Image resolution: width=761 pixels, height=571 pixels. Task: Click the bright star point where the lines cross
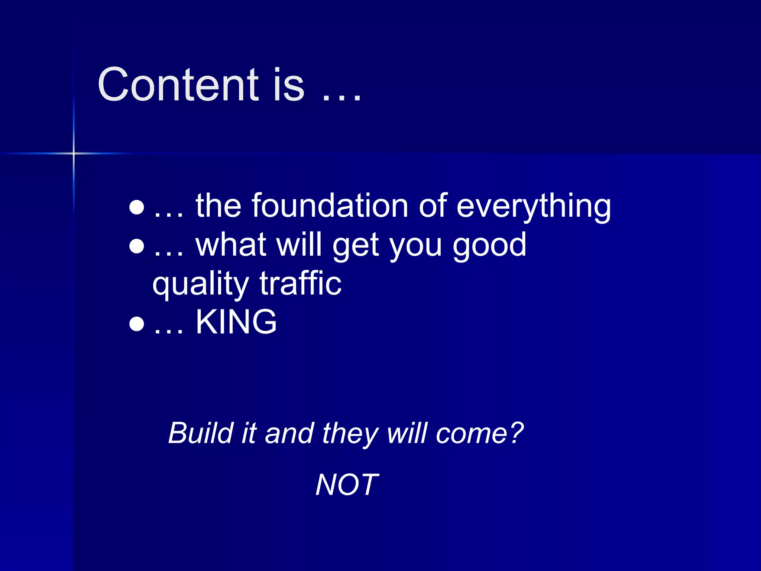pos(74,153)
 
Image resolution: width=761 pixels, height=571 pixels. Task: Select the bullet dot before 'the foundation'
pos(136,207)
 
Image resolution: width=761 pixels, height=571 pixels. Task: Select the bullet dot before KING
pos(136,323)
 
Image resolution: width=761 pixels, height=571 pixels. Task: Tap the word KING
pos(236,322)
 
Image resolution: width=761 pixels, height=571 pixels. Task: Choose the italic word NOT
pos(347,485)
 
